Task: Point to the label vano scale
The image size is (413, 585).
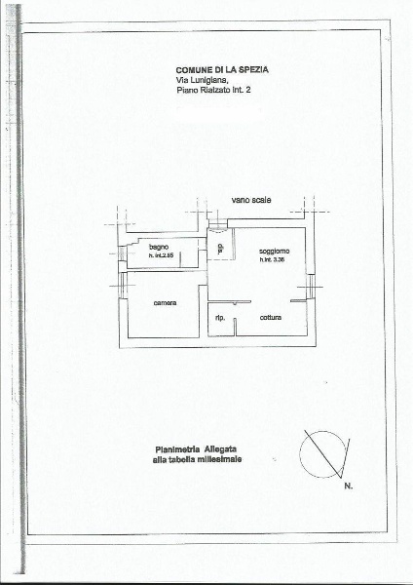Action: pos(251,199)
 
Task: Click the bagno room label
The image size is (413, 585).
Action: pos(160,247)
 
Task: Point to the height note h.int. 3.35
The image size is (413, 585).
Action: pos(273,259)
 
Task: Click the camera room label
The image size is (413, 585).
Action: pos(165,304)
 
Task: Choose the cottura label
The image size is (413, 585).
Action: pos(271,319)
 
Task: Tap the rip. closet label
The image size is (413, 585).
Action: pos(220,319)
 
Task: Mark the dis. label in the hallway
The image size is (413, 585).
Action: pos(221,249)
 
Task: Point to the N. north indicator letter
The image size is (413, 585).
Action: pos(348,485)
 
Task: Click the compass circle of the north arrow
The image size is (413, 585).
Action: pos(322,453)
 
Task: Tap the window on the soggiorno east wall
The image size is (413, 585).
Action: pos(311,284)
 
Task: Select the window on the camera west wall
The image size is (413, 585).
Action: pos(122,285)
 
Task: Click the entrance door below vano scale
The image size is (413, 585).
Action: pos(216,231)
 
